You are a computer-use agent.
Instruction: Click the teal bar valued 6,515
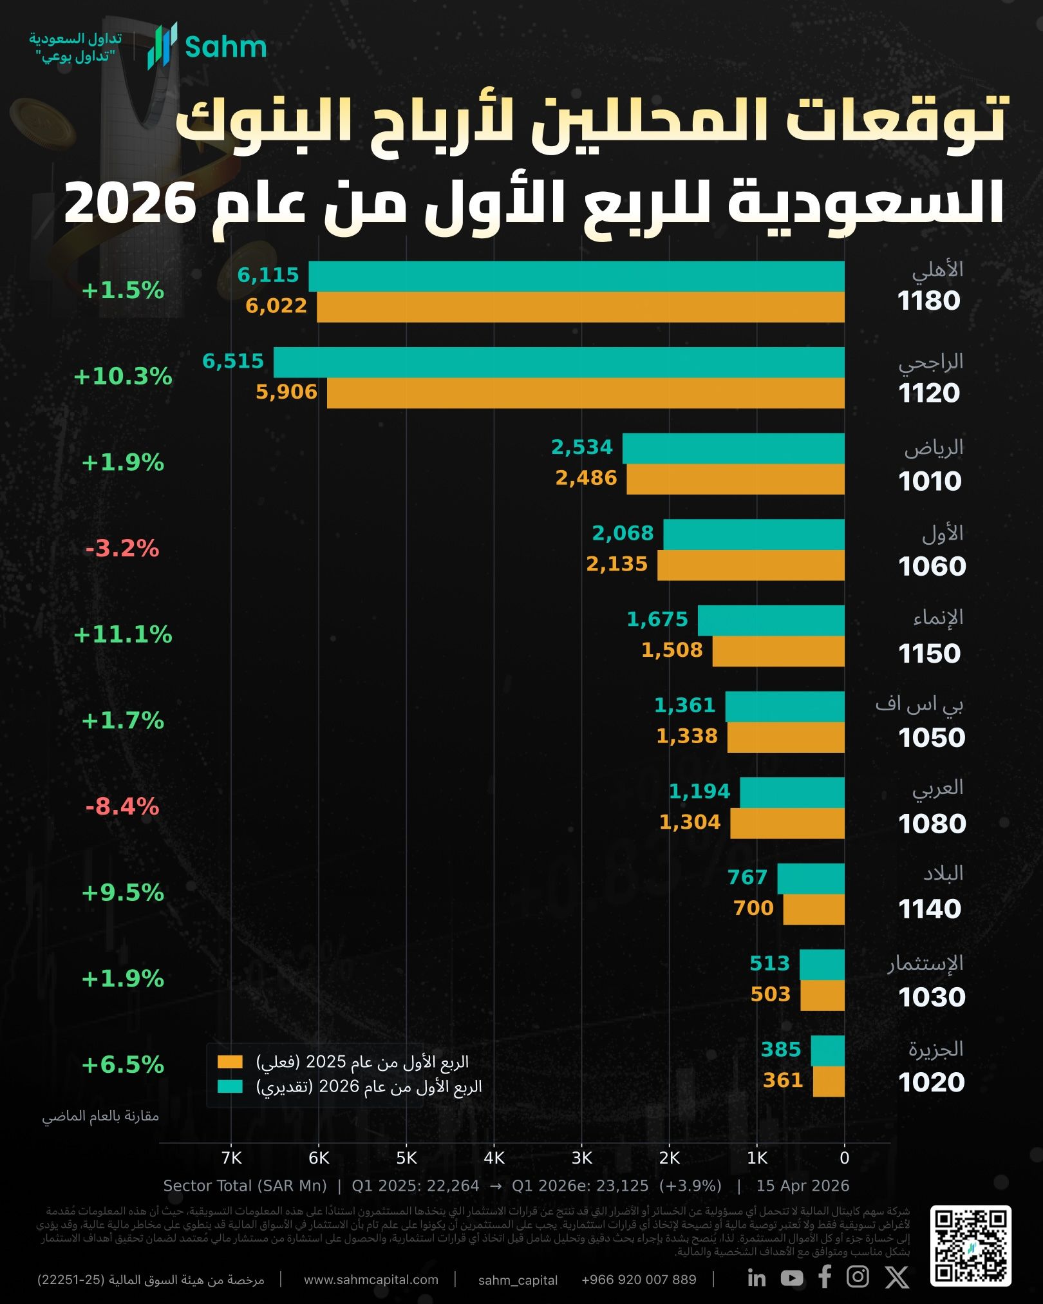click(559, 362)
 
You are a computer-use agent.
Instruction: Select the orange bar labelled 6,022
click(580, 307)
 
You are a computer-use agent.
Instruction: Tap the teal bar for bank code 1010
click(733, 448)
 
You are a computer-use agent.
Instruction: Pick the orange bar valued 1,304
click(787, 823)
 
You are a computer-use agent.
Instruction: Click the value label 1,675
click(657, 619)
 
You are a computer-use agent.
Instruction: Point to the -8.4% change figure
click(122, 806)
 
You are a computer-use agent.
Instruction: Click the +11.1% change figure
click(123, 635)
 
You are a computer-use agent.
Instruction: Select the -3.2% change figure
click(122, 549)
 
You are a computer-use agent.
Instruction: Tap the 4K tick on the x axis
click(494, 1158)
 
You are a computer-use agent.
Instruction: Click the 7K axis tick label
click(231, 1158)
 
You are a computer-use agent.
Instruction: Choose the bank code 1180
click(928, 301)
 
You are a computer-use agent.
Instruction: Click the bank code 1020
click(931, 1082)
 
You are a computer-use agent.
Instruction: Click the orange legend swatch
click(230, 1062)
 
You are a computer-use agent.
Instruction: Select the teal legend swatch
click(230, 1086)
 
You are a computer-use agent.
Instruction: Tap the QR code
click(970, 1246)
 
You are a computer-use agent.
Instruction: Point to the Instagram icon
click(857, 1276)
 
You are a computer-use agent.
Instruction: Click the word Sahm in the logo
click(225, 48)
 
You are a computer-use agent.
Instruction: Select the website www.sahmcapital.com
click(371, 1280)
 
